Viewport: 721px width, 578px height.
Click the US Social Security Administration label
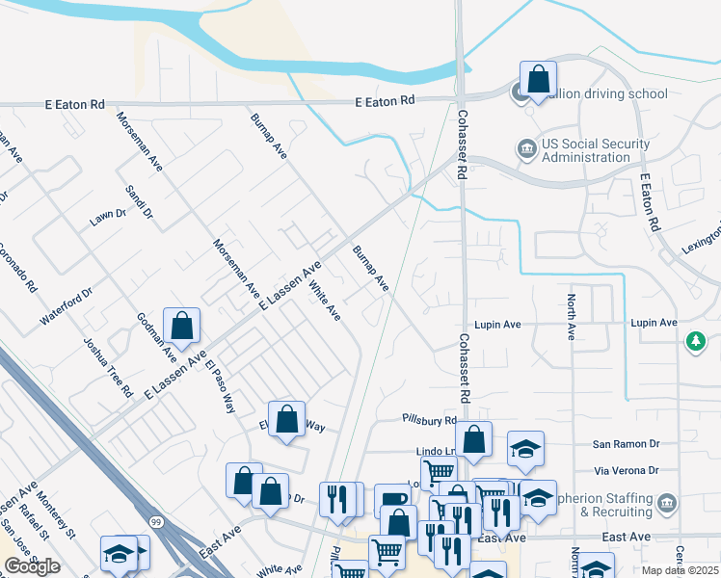(595, 151)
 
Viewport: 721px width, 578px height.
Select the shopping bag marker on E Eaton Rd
(538, 79)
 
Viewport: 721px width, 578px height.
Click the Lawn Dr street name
(108, 218)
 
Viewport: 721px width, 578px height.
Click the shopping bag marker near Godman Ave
(181, 327)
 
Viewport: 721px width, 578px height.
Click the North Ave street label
(572, 317)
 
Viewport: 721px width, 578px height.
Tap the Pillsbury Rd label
(429, 420)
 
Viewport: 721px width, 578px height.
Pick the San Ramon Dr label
(626, 444)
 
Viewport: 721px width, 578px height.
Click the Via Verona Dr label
(627, 471)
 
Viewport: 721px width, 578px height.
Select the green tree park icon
(695, 342)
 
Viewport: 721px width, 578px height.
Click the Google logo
(32, 566)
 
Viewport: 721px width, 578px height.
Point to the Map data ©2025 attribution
(680, 570)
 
